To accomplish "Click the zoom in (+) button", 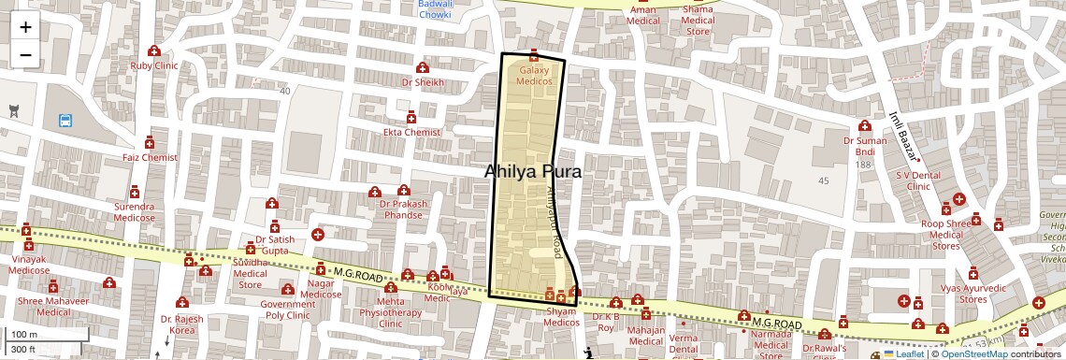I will click(25, 27).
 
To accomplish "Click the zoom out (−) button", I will click(25, 55).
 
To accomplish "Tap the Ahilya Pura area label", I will click(533, 172).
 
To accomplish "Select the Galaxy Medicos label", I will click(534, 76).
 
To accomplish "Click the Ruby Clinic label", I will click(154, 65).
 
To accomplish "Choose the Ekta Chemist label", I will click(411, 132).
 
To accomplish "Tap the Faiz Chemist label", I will click(149, 157).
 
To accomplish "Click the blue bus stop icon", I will click(65, 121).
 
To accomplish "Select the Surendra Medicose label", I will click(135, 211).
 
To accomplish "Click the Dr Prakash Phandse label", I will click(403, 209).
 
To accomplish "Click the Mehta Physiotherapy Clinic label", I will click(390, 312).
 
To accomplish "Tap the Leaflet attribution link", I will click(903, 354).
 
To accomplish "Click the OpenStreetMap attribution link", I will click(974, 354).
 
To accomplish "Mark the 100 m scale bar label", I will click(24, 335).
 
